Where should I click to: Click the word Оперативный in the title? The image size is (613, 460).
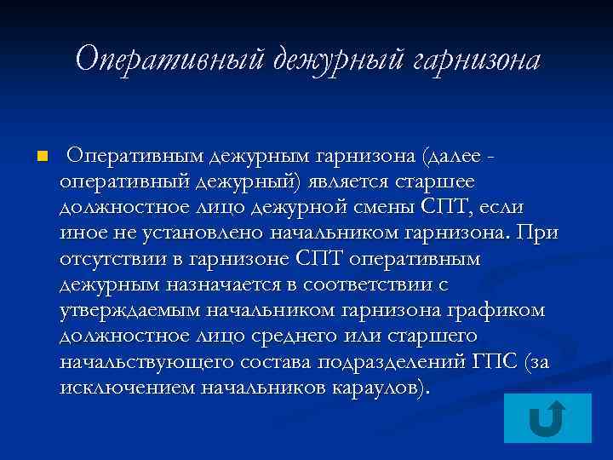(x=170, y=59)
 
